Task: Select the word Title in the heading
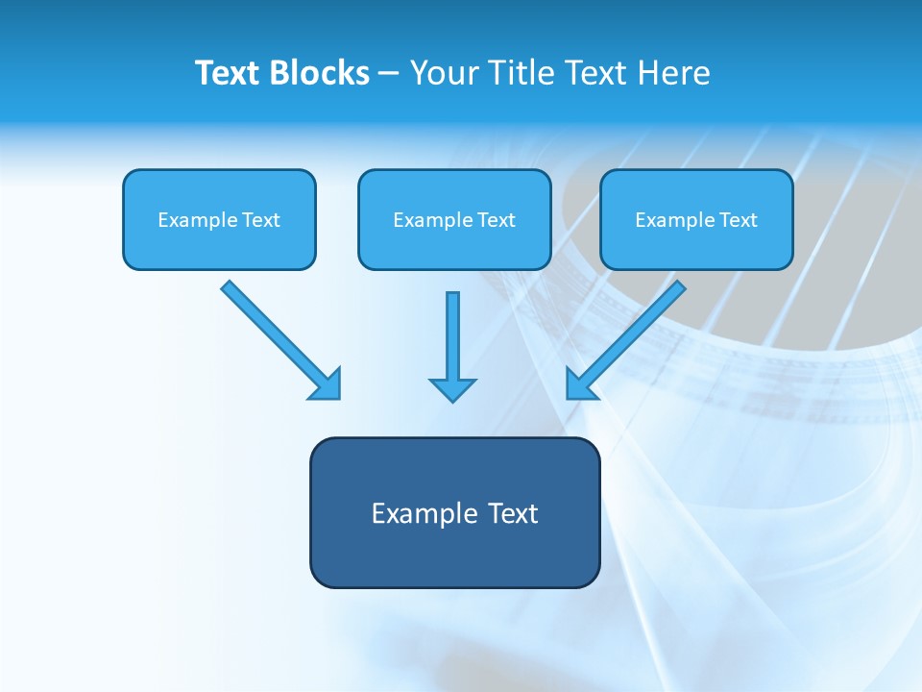click(x=522, y=73)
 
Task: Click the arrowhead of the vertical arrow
click(x=452, y=388)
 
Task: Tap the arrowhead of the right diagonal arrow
click(x=579, y=384)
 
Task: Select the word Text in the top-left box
click(x=260, y=220)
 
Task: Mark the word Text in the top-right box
click(x=738, y=220)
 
